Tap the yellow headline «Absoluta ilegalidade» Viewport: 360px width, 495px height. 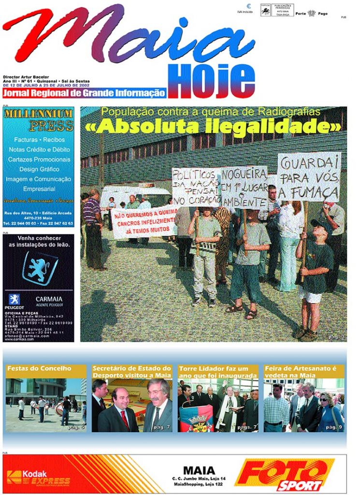213,127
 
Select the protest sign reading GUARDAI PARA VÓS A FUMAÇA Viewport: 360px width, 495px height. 309,177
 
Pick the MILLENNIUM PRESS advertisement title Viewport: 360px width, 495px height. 38,120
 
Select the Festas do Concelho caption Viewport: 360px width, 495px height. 39,368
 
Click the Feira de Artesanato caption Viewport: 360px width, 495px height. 300,371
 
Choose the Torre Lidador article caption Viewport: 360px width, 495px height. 218,371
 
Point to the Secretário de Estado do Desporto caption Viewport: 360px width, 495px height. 132,371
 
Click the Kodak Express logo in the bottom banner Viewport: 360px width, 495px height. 39,478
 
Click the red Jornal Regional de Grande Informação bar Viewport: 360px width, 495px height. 84,93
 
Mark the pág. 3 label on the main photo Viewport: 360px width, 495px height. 336,336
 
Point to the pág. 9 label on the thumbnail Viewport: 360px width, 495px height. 333,427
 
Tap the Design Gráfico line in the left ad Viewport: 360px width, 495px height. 39,169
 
